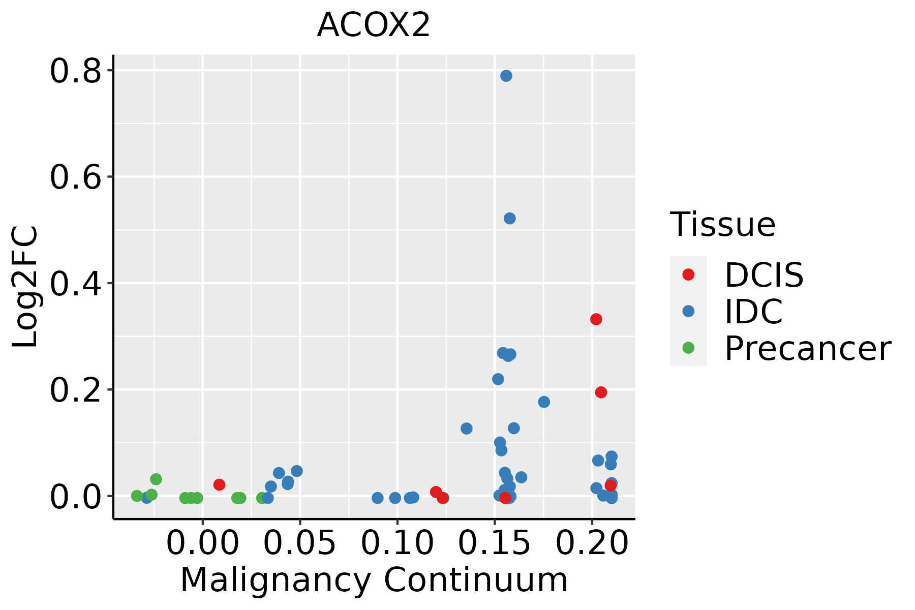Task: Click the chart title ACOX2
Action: [374, 25]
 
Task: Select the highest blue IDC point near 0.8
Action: [506, 76]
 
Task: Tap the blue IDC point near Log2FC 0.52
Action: [510, 219]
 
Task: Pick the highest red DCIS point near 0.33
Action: [596, 319]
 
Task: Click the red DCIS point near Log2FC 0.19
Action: [601, 392]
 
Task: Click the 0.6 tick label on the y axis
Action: [75, 177]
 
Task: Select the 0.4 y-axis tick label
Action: [75, 284]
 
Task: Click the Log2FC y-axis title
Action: [25, 287]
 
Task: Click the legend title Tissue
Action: [723, 224]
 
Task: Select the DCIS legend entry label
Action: [764, 275]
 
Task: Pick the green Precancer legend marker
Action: [688, 348]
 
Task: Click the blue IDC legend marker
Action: [688, 311]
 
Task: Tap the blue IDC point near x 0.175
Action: [544, 402]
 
